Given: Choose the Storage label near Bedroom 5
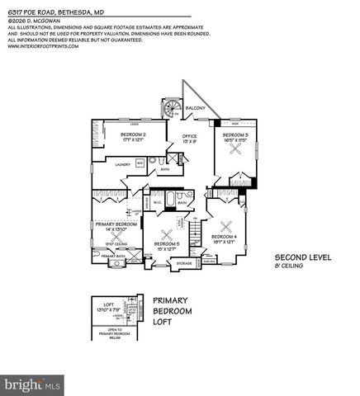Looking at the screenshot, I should (184, 263).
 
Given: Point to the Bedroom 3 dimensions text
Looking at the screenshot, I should (235, 139).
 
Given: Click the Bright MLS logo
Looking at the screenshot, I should (33, 384).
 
